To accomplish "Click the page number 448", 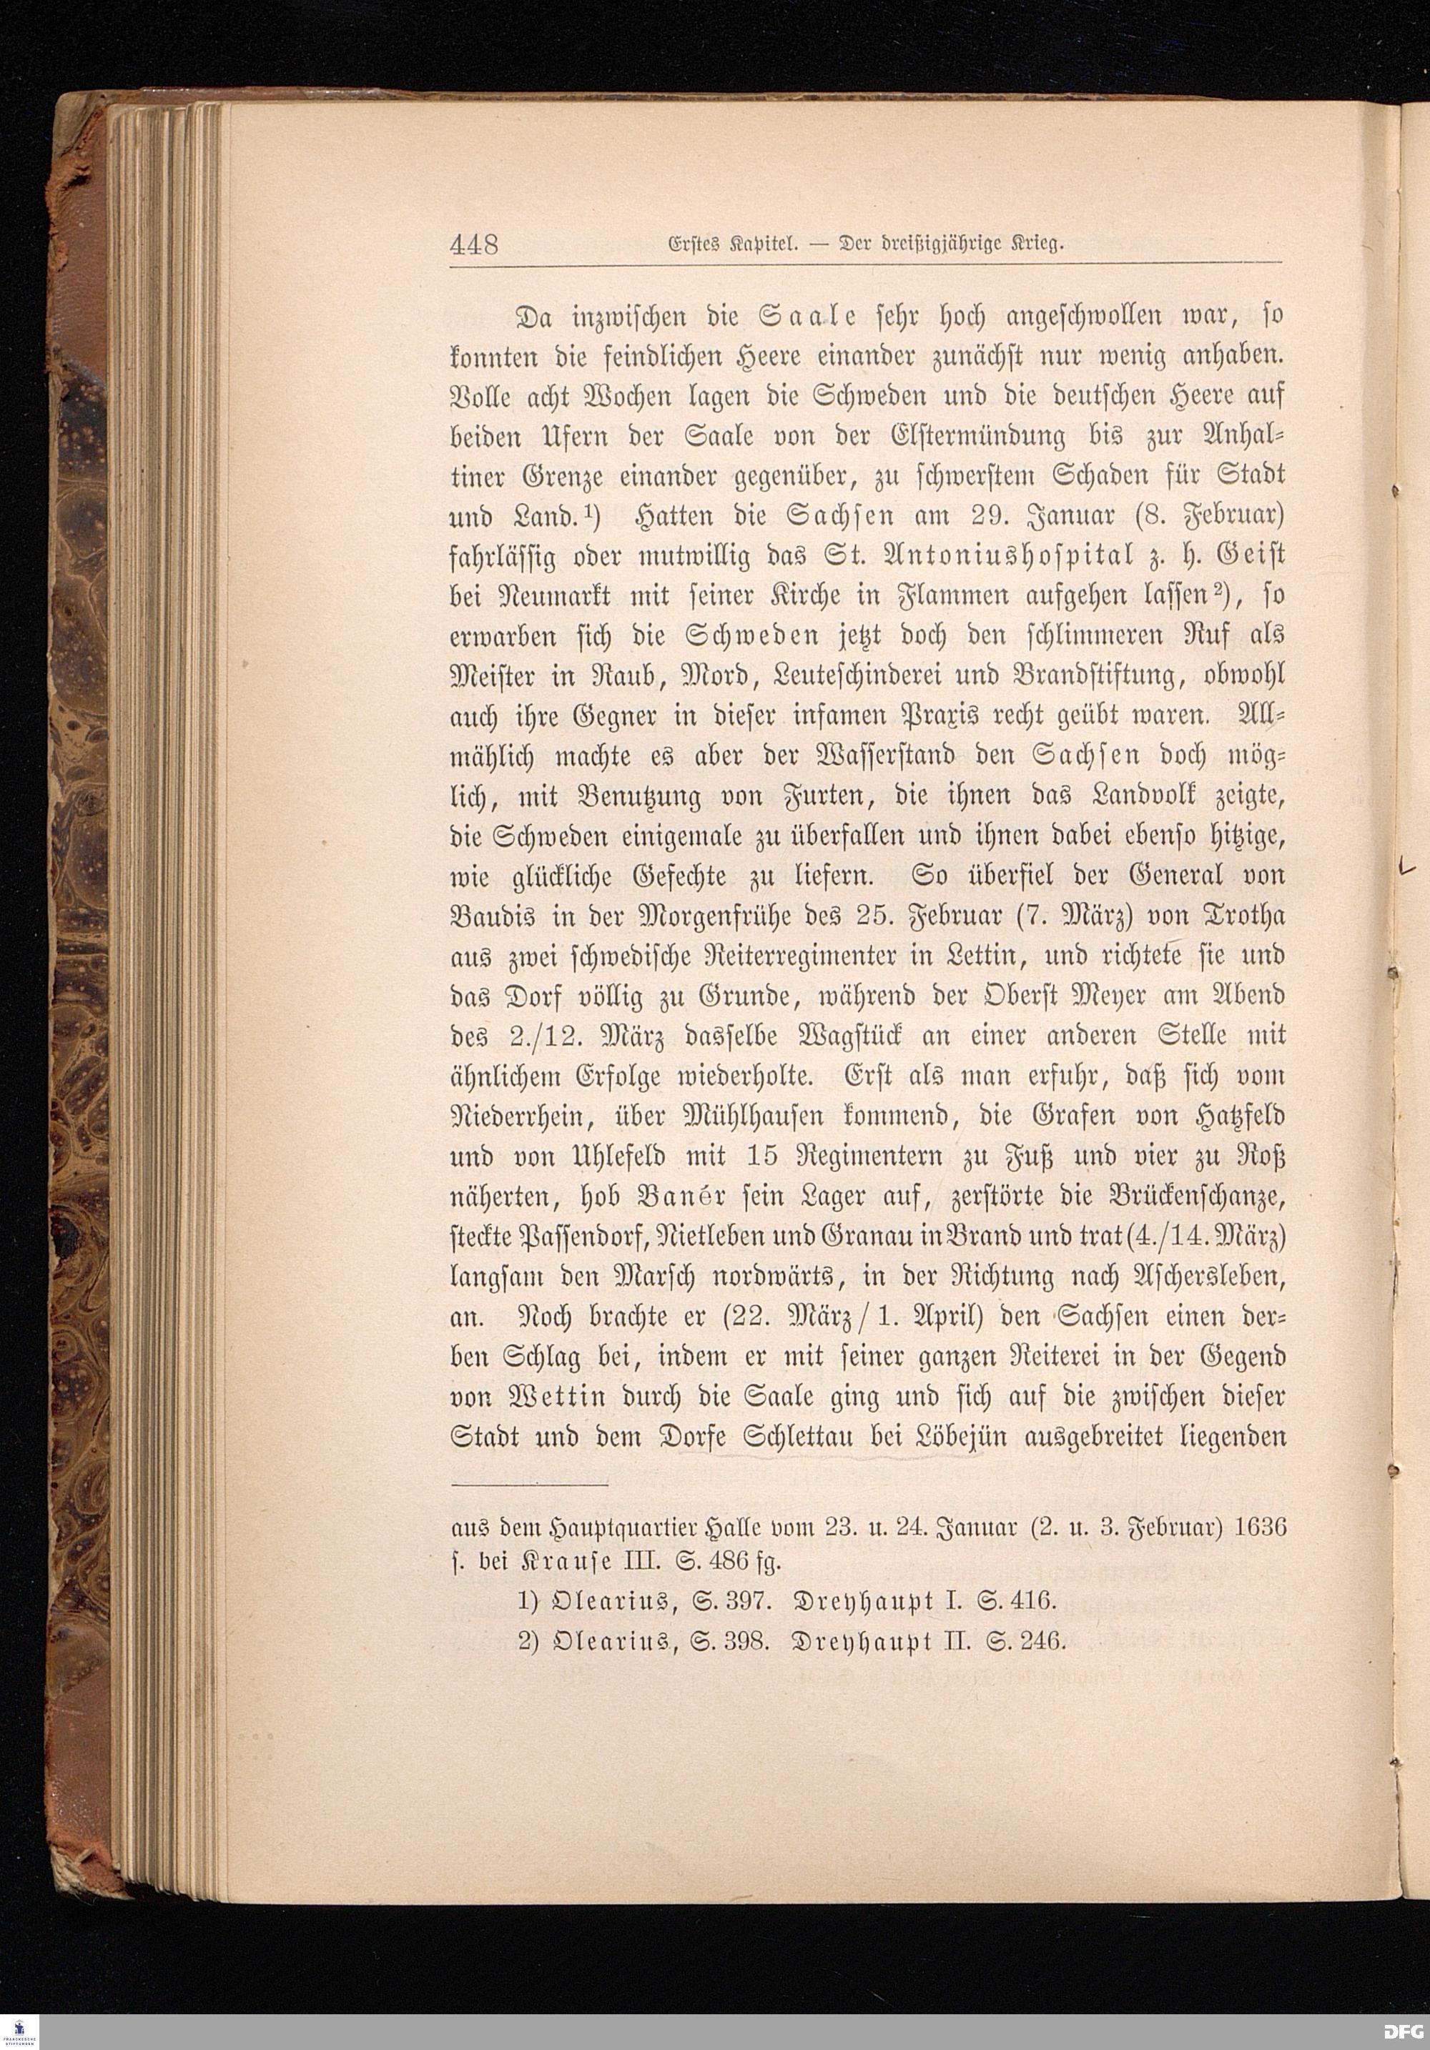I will [473, 244].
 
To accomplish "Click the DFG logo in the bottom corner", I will [1404, 2032].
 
